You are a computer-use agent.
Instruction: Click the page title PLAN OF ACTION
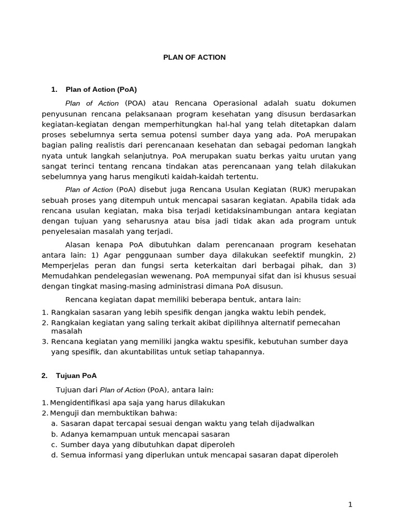(194, 58)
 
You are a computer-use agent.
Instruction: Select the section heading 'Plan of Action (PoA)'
(101, 90)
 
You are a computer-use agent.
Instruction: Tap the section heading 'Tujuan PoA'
(81, 375)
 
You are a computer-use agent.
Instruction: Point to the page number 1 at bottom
(350, 504)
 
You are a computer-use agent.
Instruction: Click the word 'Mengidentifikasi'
(80, 403)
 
